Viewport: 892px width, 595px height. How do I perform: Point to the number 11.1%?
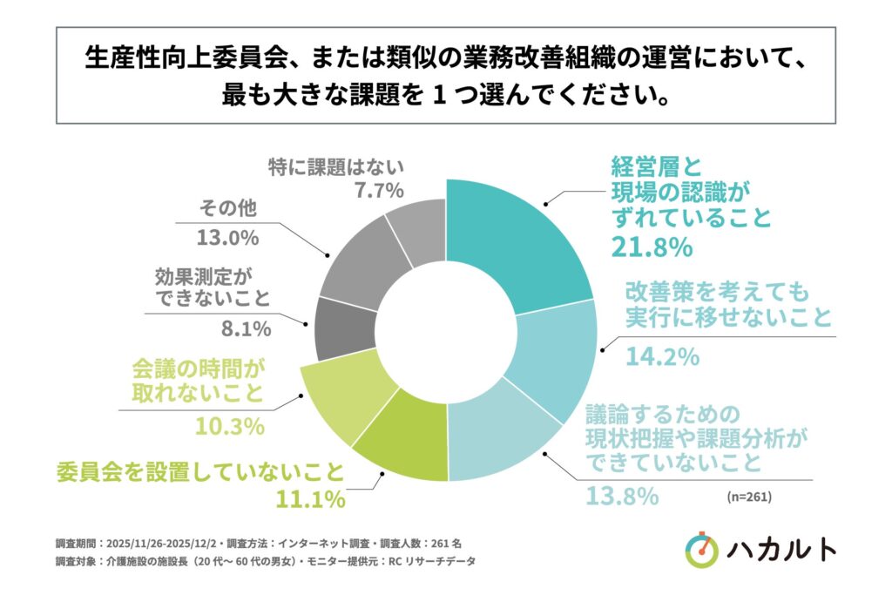coord(310,500)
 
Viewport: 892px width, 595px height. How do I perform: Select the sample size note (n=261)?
coord(747,497)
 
